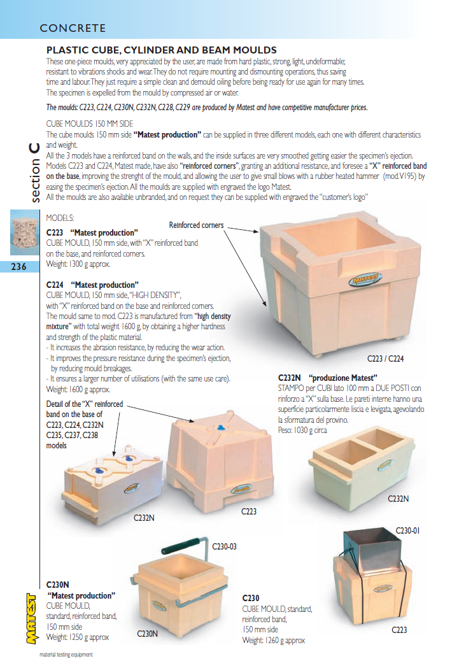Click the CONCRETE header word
click(x=73, y=28)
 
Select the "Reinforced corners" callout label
click(x=196, y=225)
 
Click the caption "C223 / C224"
click(x=385, y=359)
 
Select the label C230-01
click(x=409, y=530)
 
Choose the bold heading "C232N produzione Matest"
click(x=328, y=378)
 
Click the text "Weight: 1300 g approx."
click(x=78, y=263)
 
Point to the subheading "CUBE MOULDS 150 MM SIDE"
click(x=90, y=124)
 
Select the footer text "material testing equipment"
click(x=66, y=655)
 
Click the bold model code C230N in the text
click(x=58, y=584)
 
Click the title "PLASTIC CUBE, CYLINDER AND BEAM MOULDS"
click(x=161, y=50)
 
